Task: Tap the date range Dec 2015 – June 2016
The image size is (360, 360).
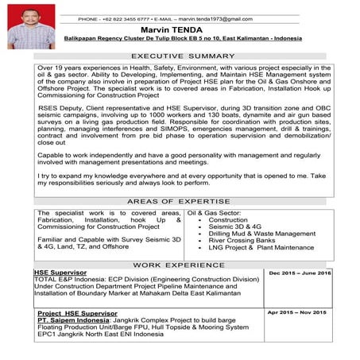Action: click(x=300, y=273)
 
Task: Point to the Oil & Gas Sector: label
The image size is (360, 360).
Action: click(x=213, y=214)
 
